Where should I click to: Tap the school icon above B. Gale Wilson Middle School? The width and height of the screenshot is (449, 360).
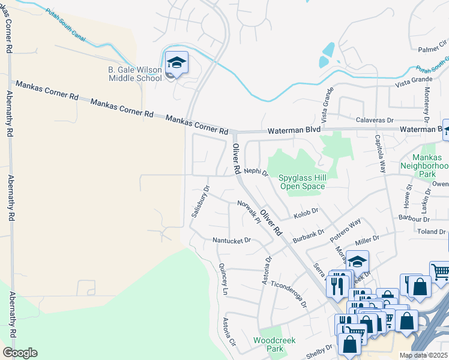click(x=176, y=63)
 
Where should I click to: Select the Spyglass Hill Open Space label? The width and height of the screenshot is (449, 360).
click(x=302, y=182)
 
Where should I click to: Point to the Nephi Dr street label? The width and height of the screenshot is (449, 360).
click(x=256, y=172)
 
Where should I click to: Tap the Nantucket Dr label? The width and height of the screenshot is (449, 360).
click(x=231, y=241)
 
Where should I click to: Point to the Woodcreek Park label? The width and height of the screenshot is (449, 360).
click(x=268, y=344)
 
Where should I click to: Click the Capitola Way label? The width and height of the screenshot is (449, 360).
click(x=380, y=154)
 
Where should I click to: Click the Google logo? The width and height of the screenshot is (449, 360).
click(x=20, y=353)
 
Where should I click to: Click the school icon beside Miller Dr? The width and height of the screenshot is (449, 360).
click(x=357, y=262)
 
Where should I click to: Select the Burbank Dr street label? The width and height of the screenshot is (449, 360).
click(x=309, y=234)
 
